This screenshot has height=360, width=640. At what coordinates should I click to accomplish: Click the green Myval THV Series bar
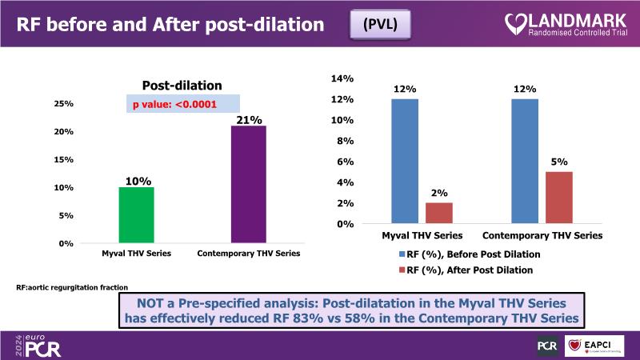pos(136,214)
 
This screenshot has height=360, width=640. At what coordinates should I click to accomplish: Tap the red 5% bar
pos(560,198)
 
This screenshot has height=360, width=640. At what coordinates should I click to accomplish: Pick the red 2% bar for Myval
pos(439,214)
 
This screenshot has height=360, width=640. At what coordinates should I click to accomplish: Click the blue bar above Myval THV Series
pos(405,162)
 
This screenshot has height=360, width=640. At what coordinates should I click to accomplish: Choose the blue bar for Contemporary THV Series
pos(525,162)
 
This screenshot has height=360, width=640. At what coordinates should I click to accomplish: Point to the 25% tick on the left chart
pos(64,104)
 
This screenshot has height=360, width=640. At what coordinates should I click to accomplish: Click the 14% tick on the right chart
pos(342,78)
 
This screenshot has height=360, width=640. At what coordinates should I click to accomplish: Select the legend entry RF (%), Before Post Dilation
pos(468,254)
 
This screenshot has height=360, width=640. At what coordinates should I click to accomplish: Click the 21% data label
pos(248,120)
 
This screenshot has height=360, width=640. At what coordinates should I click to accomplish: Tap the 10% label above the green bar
pos(137,181)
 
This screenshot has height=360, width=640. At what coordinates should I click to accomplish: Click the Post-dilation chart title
pos(182,86)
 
